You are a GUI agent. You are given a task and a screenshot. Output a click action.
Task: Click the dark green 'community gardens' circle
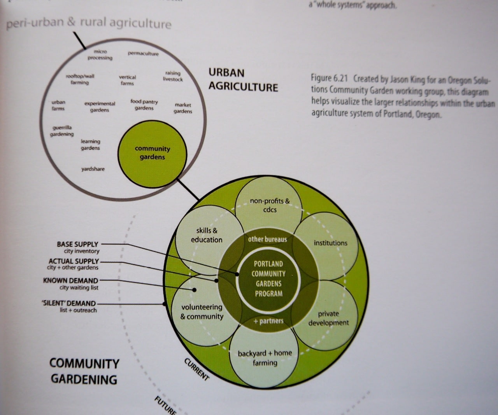152,153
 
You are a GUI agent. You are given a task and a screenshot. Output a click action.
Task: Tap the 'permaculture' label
143,53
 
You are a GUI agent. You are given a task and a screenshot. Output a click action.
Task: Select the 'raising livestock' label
173,76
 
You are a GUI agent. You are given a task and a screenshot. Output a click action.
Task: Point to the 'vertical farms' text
127,80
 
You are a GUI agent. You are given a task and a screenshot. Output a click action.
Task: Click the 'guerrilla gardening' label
62,131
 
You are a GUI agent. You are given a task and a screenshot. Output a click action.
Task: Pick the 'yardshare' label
93,169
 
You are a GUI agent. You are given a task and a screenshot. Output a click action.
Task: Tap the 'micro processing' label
100,54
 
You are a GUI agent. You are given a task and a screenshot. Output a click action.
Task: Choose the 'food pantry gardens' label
144,105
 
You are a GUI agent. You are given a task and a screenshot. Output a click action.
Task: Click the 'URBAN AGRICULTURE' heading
243,79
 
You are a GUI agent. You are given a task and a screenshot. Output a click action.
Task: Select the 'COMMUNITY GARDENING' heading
84,371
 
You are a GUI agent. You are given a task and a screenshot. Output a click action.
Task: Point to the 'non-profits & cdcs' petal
270,205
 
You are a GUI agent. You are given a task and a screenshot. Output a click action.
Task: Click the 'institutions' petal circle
331,243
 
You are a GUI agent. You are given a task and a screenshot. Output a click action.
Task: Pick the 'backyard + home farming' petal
265,357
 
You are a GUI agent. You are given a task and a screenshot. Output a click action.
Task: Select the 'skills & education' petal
206,235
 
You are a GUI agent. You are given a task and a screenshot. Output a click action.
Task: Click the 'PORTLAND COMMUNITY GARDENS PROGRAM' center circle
268,278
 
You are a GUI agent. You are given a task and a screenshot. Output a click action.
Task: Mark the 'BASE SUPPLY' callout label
78,244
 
